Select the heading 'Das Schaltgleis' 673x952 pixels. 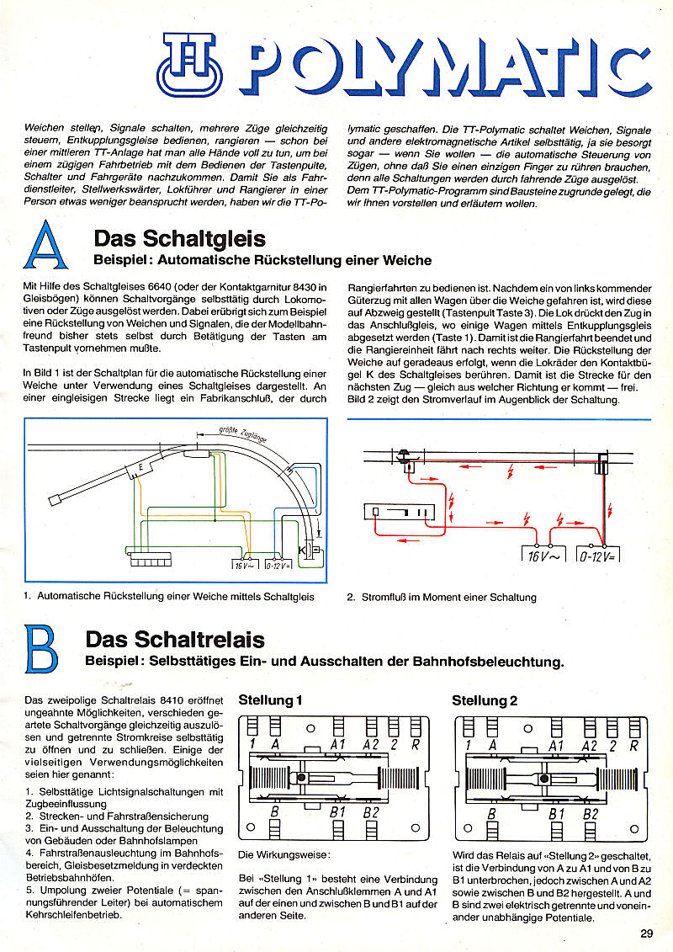pyautogui.click(x=180, y=240)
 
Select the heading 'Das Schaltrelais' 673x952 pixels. pyautogui.click(x=175, y=640)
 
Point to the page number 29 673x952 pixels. pyautogui.click(x=645, y=932)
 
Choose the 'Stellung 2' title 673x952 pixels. pyautogui.click(x=485, y=700)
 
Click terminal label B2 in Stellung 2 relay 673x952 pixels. pyautogui.click(x=590, y=814)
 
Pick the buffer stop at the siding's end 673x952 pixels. pyautogui.click(x=56, y=500)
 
